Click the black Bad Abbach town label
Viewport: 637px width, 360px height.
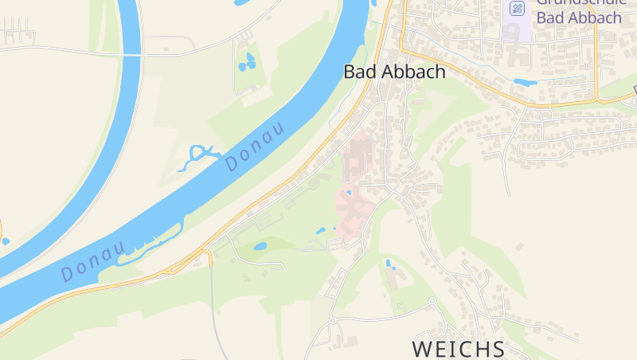(x=394, y=71)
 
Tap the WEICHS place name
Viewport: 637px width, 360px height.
(x=459, y=349)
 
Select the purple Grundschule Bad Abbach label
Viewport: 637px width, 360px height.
(x=579, y=11)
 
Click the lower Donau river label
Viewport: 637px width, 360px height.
(x=93, y=261)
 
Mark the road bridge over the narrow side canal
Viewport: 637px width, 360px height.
(x=132, y=54)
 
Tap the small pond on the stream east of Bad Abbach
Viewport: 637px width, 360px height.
(x=525, y=82)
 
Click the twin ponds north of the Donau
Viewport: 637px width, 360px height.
(x=248, y=61)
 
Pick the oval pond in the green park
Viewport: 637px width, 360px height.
(x=260, y=246)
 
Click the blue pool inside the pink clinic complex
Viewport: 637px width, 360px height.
(x=348, y=192)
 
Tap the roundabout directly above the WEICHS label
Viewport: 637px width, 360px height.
(x=432, y=301)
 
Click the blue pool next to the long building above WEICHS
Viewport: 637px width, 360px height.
(x=388, y=263)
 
